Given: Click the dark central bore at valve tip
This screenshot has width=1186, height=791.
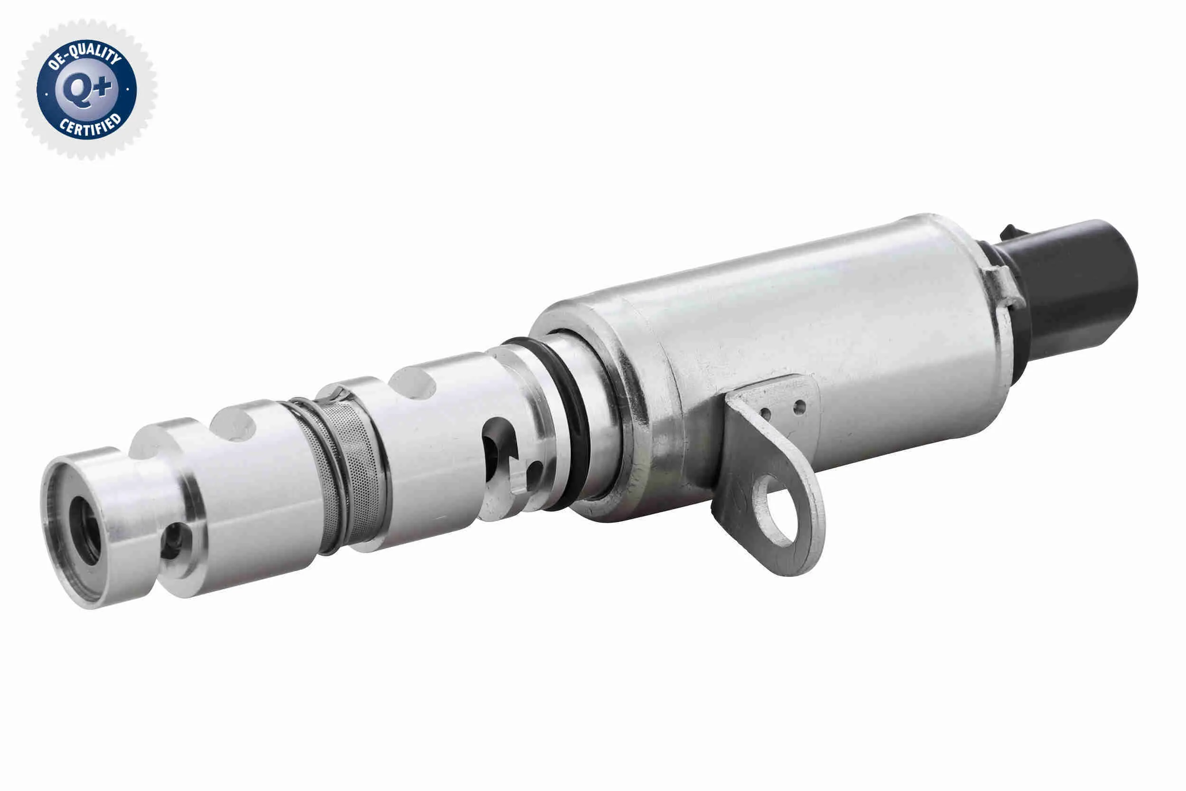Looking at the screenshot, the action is (86, 530).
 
